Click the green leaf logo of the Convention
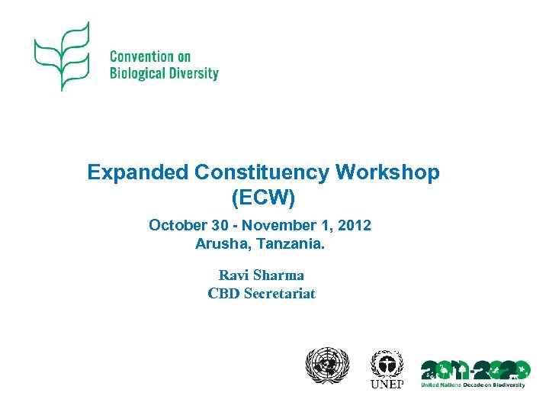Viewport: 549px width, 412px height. pyautogui.click(x=63, y=56)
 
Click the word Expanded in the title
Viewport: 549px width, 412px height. pyautogui.click(x=137, y=172)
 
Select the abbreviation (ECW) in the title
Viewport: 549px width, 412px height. pyautogui.click(x=262, y=198)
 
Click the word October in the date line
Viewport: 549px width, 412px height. pyautogui.click(x=176, y=225)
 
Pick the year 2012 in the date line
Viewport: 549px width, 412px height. pyautogui.click(x=355, y=225)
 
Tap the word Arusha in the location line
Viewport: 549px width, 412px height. pyautogui.click(x=218, y=244)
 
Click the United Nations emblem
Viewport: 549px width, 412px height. pyautogui.click(x=326, y=368)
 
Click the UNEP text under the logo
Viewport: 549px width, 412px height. pyautogui.click(x=387, y=383)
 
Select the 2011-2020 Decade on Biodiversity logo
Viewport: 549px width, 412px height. pyautogui.click(x=474, y=370)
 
